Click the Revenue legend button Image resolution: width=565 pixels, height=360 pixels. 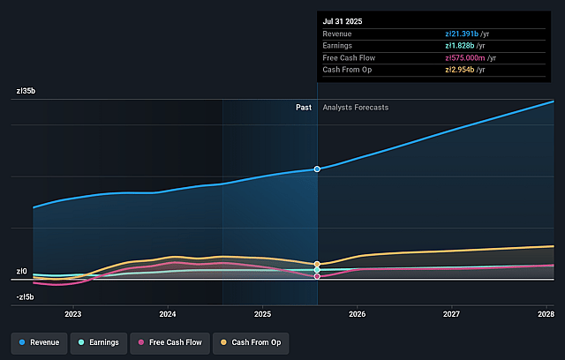click(39, 341)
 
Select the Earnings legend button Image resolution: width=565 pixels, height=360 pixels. click(98, 341)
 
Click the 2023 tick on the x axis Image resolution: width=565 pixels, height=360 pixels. click(73, 313)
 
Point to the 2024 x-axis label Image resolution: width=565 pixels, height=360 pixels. click(168, 313)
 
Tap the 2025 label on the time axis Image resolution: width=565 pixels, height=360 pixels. click(262, 313)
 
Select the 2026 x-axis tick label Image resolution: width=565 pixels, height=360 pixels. click(358, 313)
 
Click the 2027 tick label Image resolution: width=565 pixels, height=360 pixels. click(451, 313)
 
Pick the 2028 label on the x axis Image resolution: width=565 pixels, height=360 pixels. click(546, 313)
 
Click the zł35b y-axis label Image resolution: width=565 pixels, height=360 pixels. click(26, 91)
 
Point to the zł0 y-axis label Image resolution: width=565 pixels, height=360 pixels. click(21, 271)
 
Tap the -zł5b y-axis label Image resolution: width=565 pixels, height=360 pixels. click(24, 296)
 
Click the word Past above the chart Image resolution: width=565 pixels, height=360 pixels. click(304, 108)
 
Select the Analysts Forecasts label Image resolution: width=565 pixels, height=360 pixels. click(355, 108)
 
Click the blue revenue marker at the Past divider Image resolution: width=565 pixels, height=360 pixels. click(317, 169)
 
